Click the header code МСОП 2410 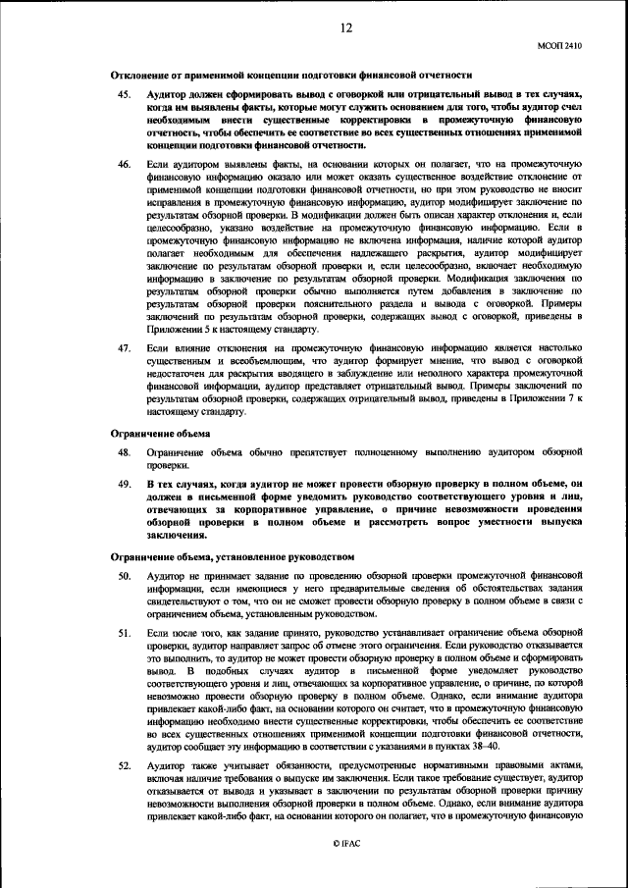pyautogui.click(x=559, y=45)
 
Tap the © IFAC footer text pyautogui.click(x=345, y=844)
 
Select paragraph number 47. pyautogui.click(x=124, y=348)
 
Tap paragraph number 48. pyautogui.click(x=124, y=453)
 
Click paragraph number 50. pyautogui.click(x=124, y=574)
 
